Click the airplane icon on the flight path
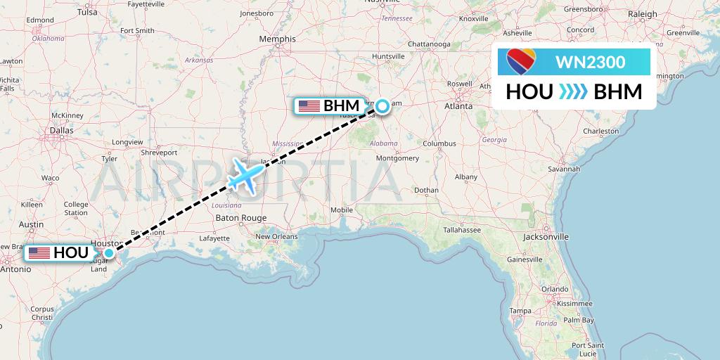(245, 174)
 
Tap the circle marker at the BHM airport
(381, 106)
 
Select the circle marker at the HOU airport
(109, 253)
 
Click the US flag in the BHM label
(309, 106)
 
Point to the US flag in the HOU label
(39, 253)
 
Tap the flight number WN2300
(590, 62)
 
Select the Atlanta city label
(458, 107)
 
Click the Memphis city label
(278, 39)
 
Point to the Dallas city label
(62, 130)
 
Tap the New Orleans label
(276, 236)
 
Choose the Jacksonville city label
(545, 237)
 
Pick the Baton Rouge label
(241, 218)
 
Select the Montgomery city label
(397, 157)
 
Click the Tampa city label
(520, 311)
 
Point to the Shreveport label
(158, 152)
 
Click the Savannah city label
(565, 169)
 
